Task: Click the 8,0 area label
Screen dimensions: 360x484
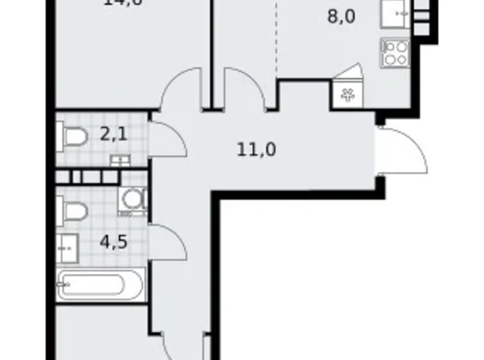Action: click(341, 17)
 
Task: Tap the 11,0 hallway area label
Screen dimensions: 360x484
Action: click(256, 149)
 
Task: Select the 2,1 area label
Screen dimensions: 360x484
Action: click(115, 133)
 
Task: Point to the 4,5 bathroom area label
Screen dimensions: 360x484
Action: click(114, 240)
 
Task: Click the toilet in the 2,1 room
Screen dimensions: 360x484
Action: click(71, 137)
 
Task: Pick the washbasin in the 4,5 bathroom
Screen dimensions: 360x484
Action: click(66, 249)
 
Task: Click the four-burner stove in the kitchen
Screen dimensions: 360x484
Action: click(395, 53)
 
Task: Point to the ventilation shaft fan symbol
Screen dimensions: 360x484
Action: click(346, 95)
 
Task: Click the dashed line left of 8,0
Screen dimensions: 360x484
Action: click(276, 37)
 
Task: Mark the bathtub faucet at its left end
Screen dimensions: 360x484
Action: click(63, 286)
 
